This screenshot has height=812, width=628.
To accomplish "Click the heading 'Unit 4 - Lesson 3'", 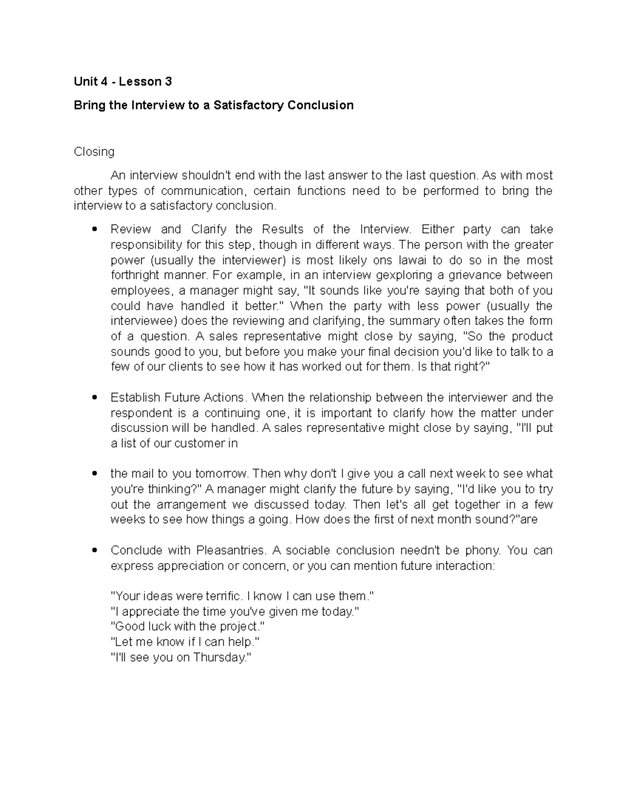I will tap(122, 82).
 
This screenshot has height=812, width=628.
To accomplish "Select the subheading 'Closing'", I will tap(94, 152).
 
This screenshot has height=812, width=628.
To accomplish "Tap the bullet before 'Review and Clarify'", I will tap(94, 230).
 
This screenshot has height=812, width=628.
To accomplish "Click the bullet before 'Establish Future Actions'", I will tap(94, 397).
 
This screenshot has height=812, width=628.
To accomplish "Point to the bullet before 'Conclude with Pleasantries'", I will tap(94, 551).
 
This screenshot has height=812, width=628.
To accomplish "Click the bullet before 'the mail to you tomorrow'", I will tap(94, 474).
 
